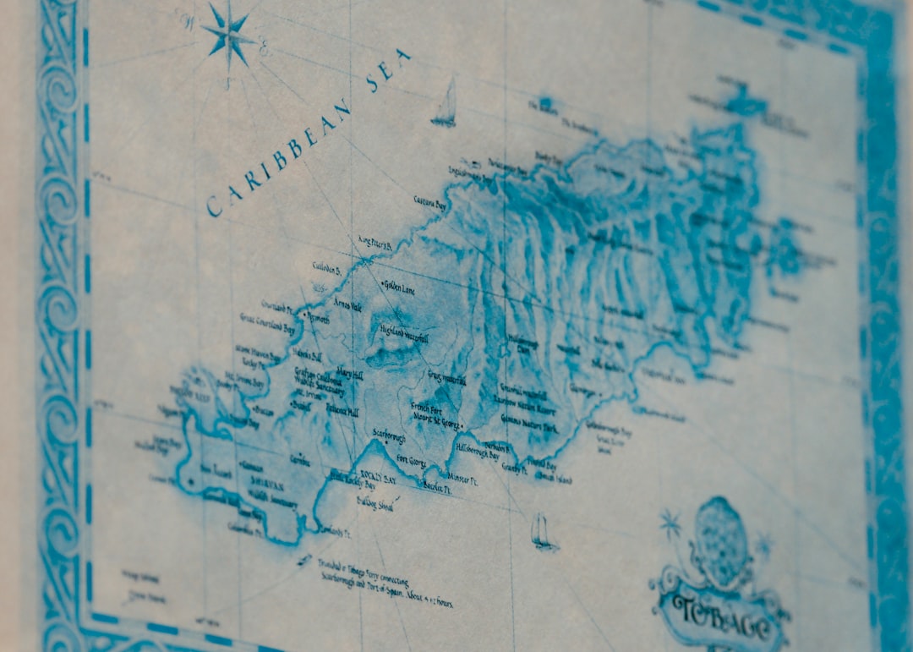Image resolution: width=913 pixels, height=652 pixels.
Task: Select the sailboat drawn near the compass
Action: coord(446,105)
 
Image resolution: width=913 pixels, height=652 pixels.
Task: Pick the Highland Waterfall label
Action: coord(404,332)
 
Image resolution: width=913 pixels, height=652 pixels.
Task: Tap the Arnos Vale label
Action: coord(347,303)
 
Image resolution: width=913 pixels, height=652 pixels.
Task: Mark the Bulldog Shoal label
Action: coord(374,502)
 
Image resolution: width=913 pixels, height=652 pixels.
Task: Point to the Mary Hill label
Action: coord(349,372)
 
